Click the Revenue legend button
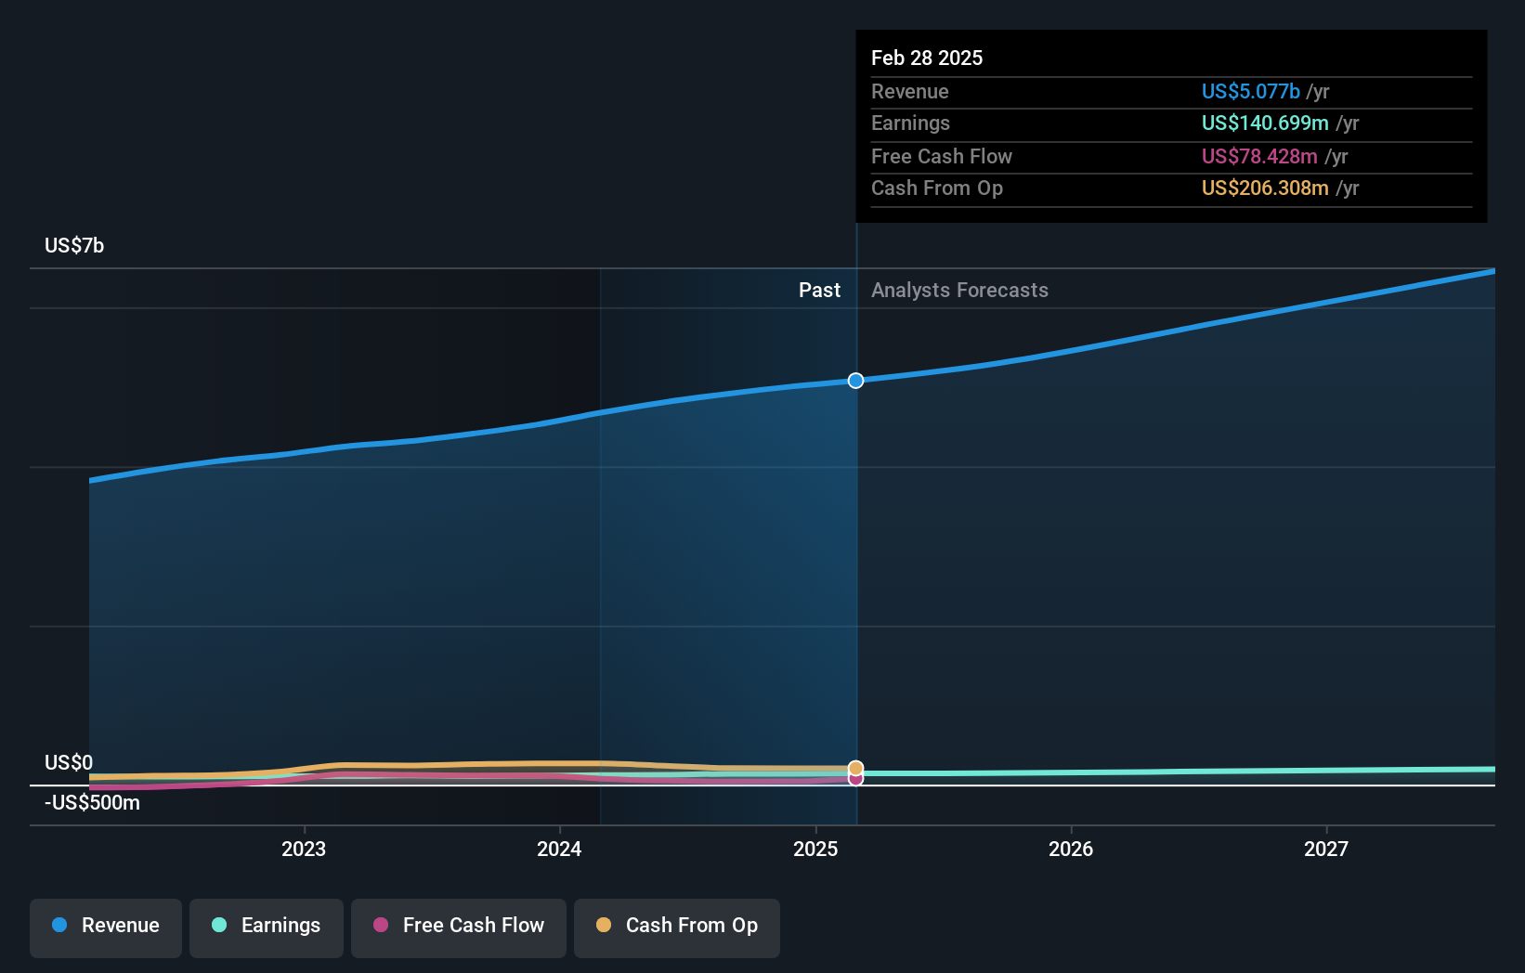pyautogui.click(x=106, y=926)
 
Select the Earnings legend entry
pyautogui.click(x=267, y=926)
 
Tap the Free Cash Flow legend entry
pyautogui.click(x=459, y=926)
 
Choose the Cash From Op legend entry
pyautogui.click(x=677, y=926)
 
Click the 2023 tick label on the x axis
pyautogui.click(x=304, y=849)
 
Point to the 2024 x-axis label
pyautogui.click(x=559, y=849)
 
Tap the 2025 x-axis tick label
pyautogui.click(x=815, y=849)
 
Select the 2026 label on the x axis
pyautogui.click(x=1071, y=849)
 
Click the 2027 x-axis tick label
pyautogui.click(x=1326, y=849)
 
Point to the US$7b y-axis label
pyautogui.click(x=74, y=245)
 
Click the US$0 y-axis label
pyautogui.click(x=69, y=762)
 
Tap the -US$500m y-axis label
pyautogui.click(x=92, y=802)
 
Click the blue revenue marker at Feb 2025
pyautogui.click(x=855, y=381)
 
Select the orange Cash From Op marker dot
pyautogui.click(x=855, y=768)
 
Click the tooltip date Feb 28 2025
pyautogui.click(x=927, y=58)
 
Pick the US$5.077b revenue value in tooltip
pyautogui.click(x=1250, y=91)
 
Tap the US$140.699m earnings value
pyautogui.click(x=1265, y=123)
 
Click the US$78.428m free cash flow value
pyautogui.click(x=1259, y=156)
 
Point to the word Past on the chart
pyautogui.click(x=819, y=290)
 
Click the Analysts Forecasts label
pyautogui.click(x=959, y=290)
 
